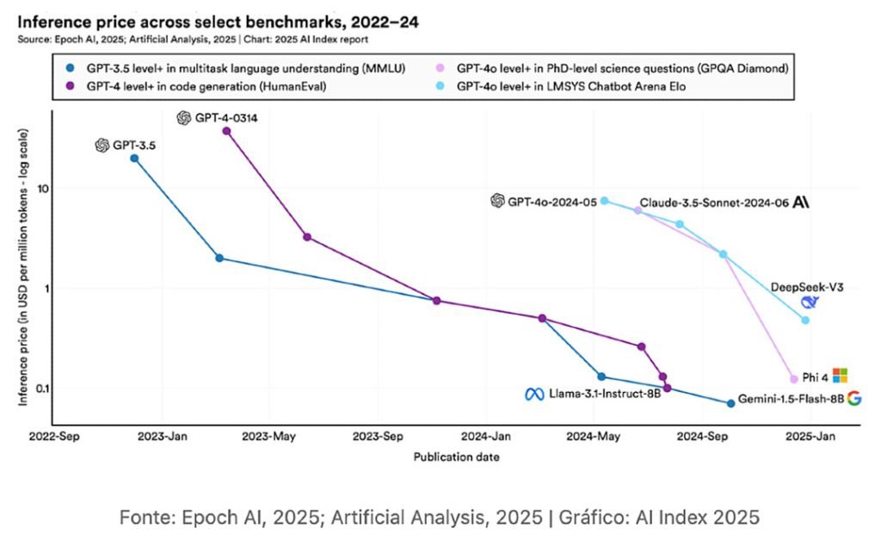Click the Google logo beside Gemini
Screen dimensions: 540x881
click(x=853, y=398)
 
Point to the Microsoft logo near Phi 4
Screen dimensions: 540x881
click(x=840, y=375)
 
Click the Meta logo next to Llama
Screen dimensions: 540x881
click(x=534, y=395)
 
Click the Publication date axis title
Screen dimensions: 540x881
click(x=456, y=457)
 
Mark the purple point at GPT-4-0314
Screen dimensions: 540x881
click(x=226, y=131)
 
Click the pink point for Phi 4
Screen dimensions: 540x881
click(x=794, y=379)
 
